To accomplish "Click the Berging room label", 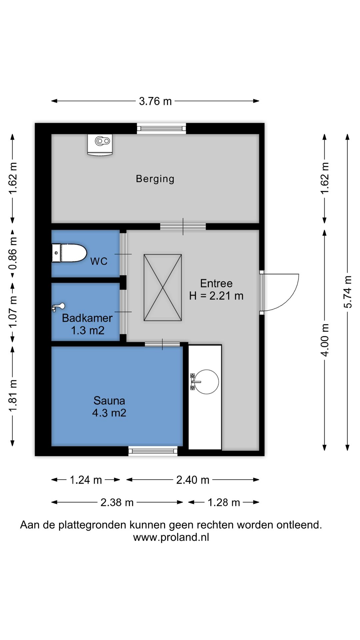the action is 155,179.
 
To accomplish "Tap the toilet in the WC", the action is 69,253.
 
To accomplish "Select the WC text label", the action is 99,261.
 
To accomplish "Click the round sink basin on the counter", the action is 206,382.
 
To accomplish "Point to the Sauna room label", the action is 109,400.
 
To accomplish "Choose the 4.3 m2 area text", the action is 109,413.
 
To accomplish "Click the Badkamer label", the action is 87,318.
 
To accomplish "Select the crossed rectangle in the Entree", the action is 163,288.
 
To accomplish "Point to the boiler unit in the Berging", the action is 100,145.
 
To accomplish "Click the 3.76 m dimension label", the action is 155,101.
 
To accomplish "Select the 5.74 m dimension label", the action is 347,292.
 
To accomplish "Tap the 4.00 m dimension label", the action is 325,340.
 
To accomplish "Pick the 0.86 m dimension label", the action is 13,253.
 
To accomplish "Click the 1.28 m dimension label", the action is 224,502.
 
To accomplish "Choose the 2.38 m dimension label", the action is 117,502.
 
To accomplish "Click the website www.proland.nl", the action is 171,537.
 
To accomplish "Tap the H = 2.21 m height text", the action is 216,296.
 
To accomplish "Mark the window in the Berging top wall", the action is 161,128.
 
